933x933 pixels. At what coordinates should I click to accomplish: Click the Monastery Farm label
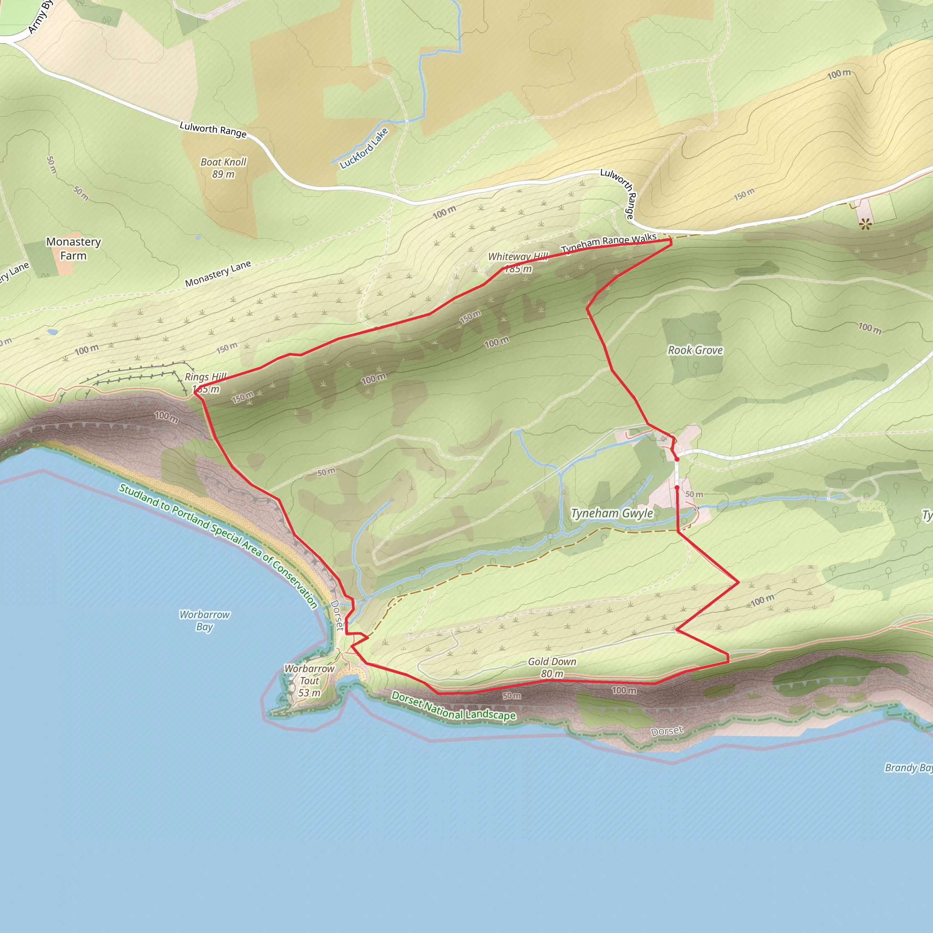pyautogui.click(x=73, y=248)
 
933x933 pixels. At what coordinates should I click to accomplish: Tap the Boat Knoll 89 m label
pyautogui.click(x=223, y=168)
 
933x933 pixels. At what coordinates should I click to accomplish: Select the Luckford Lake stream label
pyautogui.click(x=364, y=148)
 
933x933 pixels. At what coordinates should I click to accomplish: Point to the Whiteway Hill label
pyautogui.click(x=518, y=257)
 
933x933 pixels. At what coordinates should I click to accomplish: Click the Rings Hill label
pyautogui.click(x=205, y=377)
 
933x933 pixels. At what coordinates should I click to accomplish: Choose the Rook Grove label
pyautogui.click(x=695, y=350)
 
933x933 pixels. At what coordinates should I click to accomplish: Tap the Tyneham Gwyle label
pyautogui.click(x=612, y=513)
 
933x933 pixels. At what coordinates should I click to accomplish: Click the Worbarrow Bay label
pyautogui.click(x=204, y=620)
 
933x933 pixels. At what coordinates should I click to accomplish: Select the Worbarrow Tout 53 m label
pyautogui.click(x=309, y=681)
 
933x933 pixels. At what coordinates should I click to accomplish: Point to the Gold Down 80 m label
pyautogui.click(x=552, y=667)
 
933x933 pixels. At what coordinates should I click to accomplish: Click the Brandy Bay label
pyautogui.click(x=908, y=768)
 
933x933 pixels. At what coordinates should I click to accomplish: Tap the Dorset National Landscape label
pyautogui.click(x=453, y=706)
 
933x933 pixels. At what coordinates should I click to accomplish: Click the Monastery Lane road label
pyautogui.click(x=218, y=273)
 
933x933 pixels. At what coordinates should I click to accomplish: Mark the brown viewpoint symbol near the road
pyautogui.click(x=865, y=223)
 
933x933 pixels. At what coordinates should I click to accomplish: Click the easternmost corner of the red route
pyautogui.click(x=738, y=582)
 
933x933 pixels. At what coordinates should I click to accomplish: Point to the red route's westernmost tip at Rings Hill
pyautogui.click(x=195, y=393)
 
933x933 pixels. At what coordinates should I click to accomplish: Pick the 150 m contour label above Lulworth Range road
pyautogui.click(x=743, y=194)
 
